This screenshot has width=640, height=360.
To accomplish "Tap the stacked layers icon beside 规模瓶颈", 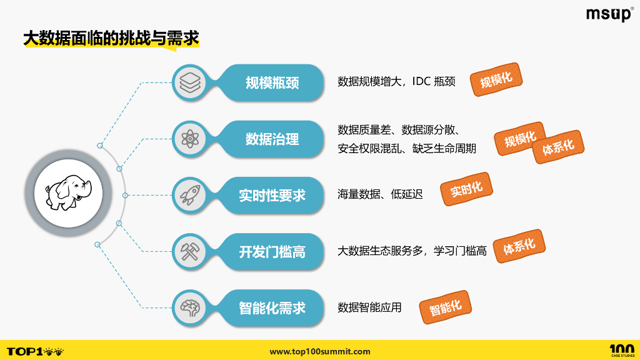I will pos(189,82).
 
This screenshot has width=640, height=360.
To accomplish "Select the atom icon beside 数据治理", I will pos(189,139).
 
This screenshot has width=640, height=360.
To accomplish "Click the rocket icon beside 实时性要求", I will pos(189,195).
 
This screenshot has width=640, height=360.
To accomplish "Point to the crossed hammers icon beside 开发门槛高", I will pos(189,251).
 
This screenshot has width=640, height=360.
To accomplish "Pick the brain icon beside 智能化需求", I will pos(189,307).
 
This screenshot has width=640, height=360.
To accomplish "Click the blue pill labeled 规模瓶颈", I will pos(272,82).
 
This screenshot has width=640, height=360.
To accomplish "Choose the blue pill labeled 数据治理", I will pos(272,139).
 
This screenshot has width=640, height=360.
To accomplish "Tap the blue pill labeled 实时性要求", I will pos(272,195).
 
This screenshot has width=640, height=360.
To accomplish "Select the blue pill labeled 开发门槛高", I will pos(272,251).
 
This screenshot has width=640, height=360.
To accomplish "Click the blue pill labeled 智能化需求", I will pos(272,307).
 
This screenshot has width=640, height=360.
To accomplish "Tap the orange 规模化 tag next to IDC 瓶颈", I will pos(496,79).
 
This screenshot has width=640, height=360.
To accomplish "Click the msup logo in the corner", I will pos(609,14).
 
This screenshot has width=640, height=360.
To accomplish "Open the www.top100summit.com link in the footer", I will pos(320,352).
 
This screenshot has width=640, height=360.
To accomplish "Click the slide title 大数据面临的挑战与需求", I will pos(111,39).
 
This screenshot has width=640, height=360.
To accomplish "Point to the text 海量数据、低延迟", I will pos(380,195).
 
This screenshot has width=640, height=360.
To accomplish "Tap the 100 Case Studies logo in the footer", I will pos(621,351).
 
